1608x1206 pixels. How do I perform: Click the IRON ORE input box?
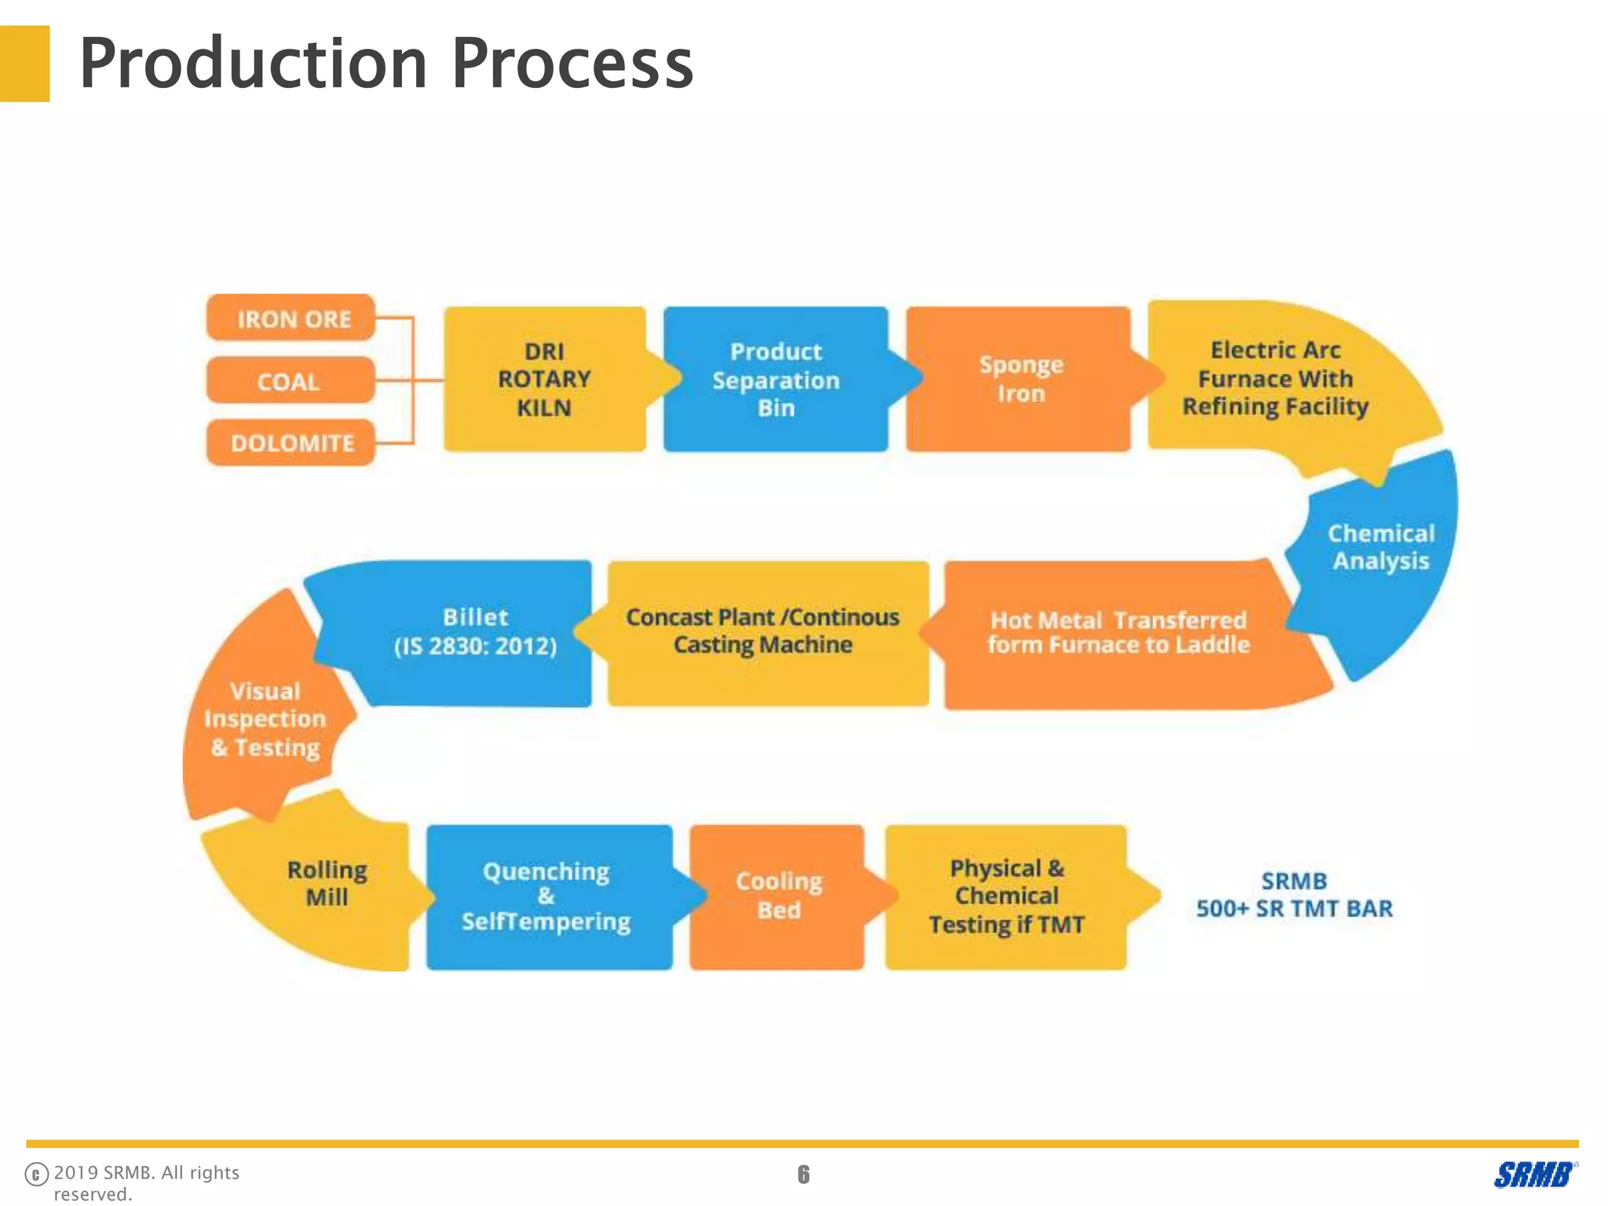coord(291,318)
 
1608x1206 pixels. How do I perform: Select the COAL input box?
coord(290,381)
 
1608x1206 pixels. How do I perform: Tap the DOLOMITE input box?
coord(291,443)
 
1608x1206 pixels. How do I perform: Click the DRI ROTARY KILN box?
coord(544,379)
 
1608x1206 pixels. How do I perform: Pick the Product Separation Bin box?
coord(776,379)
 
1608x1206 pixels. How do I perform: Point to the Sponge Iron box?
coord(1020,379)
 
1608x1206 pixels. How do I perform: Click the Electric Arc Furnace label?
coord(1275,378)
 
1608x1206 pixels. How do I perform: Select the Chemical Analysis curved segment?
coord(1381,547)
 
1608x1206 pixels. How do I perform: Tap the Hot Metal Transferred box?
coord(1118,633)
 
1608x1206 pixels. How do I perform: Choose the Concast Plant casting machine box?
coord(762,631)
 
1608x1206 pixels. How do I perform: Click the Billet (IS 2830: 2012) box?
coord(475,631)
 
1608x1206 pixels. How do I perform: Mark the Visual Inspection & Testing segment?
coord(265,719)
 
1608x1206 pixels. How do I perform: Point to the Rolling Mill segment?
coord(327,883)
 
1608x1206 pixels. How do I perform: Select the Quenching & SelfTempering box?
coord(546,896)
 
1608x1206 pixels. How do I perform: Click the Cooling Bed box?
coord(778,896)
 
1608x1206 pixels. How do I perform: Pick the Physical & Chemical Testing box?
coord(1007,896)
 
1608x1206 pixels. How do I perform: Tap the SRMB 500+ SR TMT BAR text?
coord(1293,895)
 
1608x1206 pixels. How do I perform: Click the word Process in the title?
coord(572,64)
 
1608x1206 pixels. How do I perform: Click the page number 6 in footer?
coord(803,1174)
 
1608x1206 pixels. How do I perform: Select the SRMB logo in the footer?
coord(1533,1175)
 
